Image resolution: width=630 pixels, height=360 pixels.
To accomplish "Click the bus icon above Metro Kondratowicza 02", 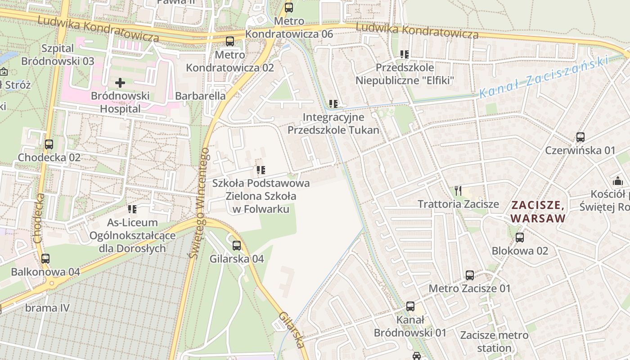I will pos(230,41).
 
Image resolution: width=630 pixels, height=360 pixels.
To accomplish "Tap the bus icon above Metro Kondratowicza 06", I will pos(289,8).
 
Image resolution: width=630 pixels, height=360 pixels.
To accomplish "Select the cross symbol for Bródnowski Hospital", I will pos(120,83).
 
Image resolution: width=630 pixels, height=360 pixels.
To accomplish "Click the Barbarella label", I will pos(200,96).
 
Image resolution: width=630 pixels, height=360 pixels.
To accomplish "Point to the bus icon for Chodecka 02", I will pos(49,144).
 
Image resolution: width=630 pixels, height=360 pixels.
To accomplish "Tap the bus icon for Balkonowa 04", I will pos(45,259).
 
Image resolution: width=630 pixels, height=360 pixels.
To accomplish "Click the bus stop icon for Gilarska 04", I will pos(237,246).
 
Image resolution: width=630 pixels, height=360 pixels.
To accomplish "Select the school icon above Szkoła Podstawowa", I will pos(261,170).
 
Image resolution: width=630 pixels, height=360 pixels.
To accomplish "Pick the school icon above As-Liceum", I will pos(132,209).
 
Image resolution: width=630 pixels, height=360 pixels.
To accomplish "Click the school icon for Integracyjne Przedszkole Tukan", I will pos(333,104).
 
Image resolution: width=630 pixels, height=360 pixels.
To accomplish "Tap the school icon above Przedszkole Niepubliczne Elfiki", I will pos(405,54).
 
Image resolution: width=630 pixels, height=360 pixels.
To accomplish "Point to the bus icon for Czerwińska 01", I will pos(580,137).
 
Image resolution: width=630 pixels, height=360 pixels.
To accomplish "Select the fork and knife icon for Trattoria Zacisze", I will pos(458,190).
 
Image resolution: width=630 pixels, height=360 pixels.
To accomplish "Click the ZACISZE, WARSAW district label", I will pos(538,211).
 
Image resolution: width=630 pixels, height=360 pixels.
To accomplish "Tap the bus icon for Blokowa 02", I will pos(520,237).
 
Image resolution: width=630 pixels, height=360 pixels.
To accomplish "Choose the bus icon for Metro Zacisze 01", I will pos(470,275).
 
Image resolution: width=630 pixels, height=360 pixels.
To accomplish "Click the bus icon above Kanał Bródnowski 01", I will pos(410,306).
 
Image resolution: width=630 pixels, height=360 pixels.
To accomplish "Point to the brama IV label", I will pos(47,308).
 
